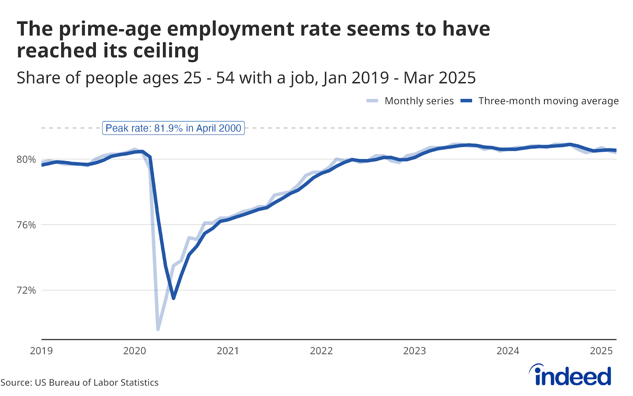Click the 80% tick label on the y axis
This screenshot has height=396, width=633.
point(26,160)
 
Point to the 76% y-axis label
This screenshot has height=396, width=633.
point(26,225)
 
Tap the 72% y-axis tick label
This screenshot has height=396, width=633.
point(26,290)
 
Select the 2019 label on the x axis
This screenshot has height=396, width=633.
point(41,351)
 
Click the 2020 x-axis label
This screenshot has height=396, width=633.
point(135,351)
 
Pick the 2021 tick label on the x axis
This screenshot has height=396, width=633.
point(228,351)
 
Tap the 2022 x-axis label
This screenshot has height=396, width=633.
point(321,351)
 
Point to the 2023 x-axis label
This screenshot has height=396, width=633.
point(415,351)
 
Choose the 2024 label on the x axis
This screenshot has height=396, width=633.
point(508,351)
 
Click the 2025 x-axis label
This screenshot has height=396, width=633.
point(601,351)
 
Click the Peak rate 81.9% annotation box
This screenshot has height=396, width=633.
point(173,128)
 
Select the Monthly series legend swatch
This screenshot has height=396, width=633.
point(372,101)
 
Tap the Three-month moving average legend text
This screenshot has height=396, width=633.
point(548,101)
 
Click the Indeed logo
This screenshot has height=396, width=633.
point(570,375)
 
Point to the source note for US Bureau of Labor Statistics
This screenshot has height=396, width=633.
point(80,383)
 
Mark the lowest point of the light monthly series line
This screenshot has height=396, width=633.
point(158,329)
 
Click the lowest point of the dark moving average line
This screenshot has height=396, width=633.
point(173,298)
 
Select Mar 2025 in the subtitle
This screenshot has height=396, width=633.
point(440,78)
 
